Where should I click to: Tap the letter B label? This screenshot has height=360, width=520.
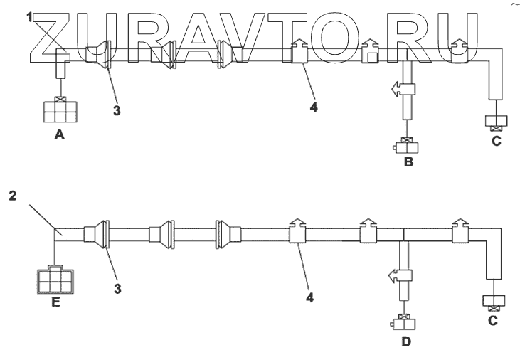pos(408,163)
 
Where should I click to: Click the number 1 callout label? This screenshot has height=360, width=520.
pos(30,17)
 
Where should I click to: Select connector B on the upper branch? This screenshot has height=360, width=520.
pos(406,147)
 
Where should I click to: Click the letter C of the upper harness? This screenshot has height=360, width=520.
pos(496,141)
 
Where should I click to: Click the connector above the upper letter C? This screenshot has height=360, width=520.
pos(494,122)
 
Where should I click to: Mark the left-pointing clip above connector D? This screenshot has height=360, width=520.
pos(401,275)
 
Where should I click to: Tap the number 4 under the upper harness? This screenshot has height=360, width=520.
pos(312,107)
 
